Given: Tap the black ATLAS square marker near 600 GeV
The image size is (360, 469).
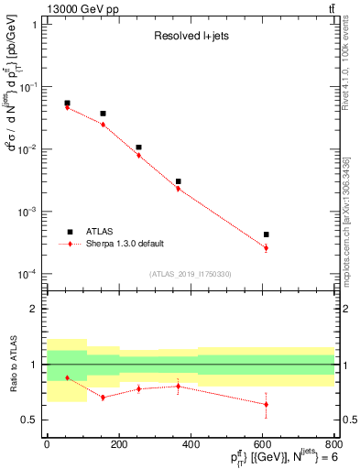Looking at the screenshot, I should click(266, 234).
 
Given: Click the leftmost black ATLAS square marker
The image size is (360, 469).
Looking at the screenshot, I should click(67, 104).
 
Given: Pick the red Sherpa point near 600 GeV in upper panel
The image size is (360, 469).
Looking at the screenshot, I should click(266, 248).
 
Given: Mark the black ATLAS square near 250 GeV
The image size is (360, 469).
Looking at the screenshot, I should click(138, 147).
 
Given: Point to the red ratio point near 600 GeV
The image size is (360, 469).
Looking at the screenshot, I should click(266, 404).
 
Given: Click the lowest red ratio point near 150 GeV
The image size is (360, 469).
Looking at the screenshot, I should click(103, 397).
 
